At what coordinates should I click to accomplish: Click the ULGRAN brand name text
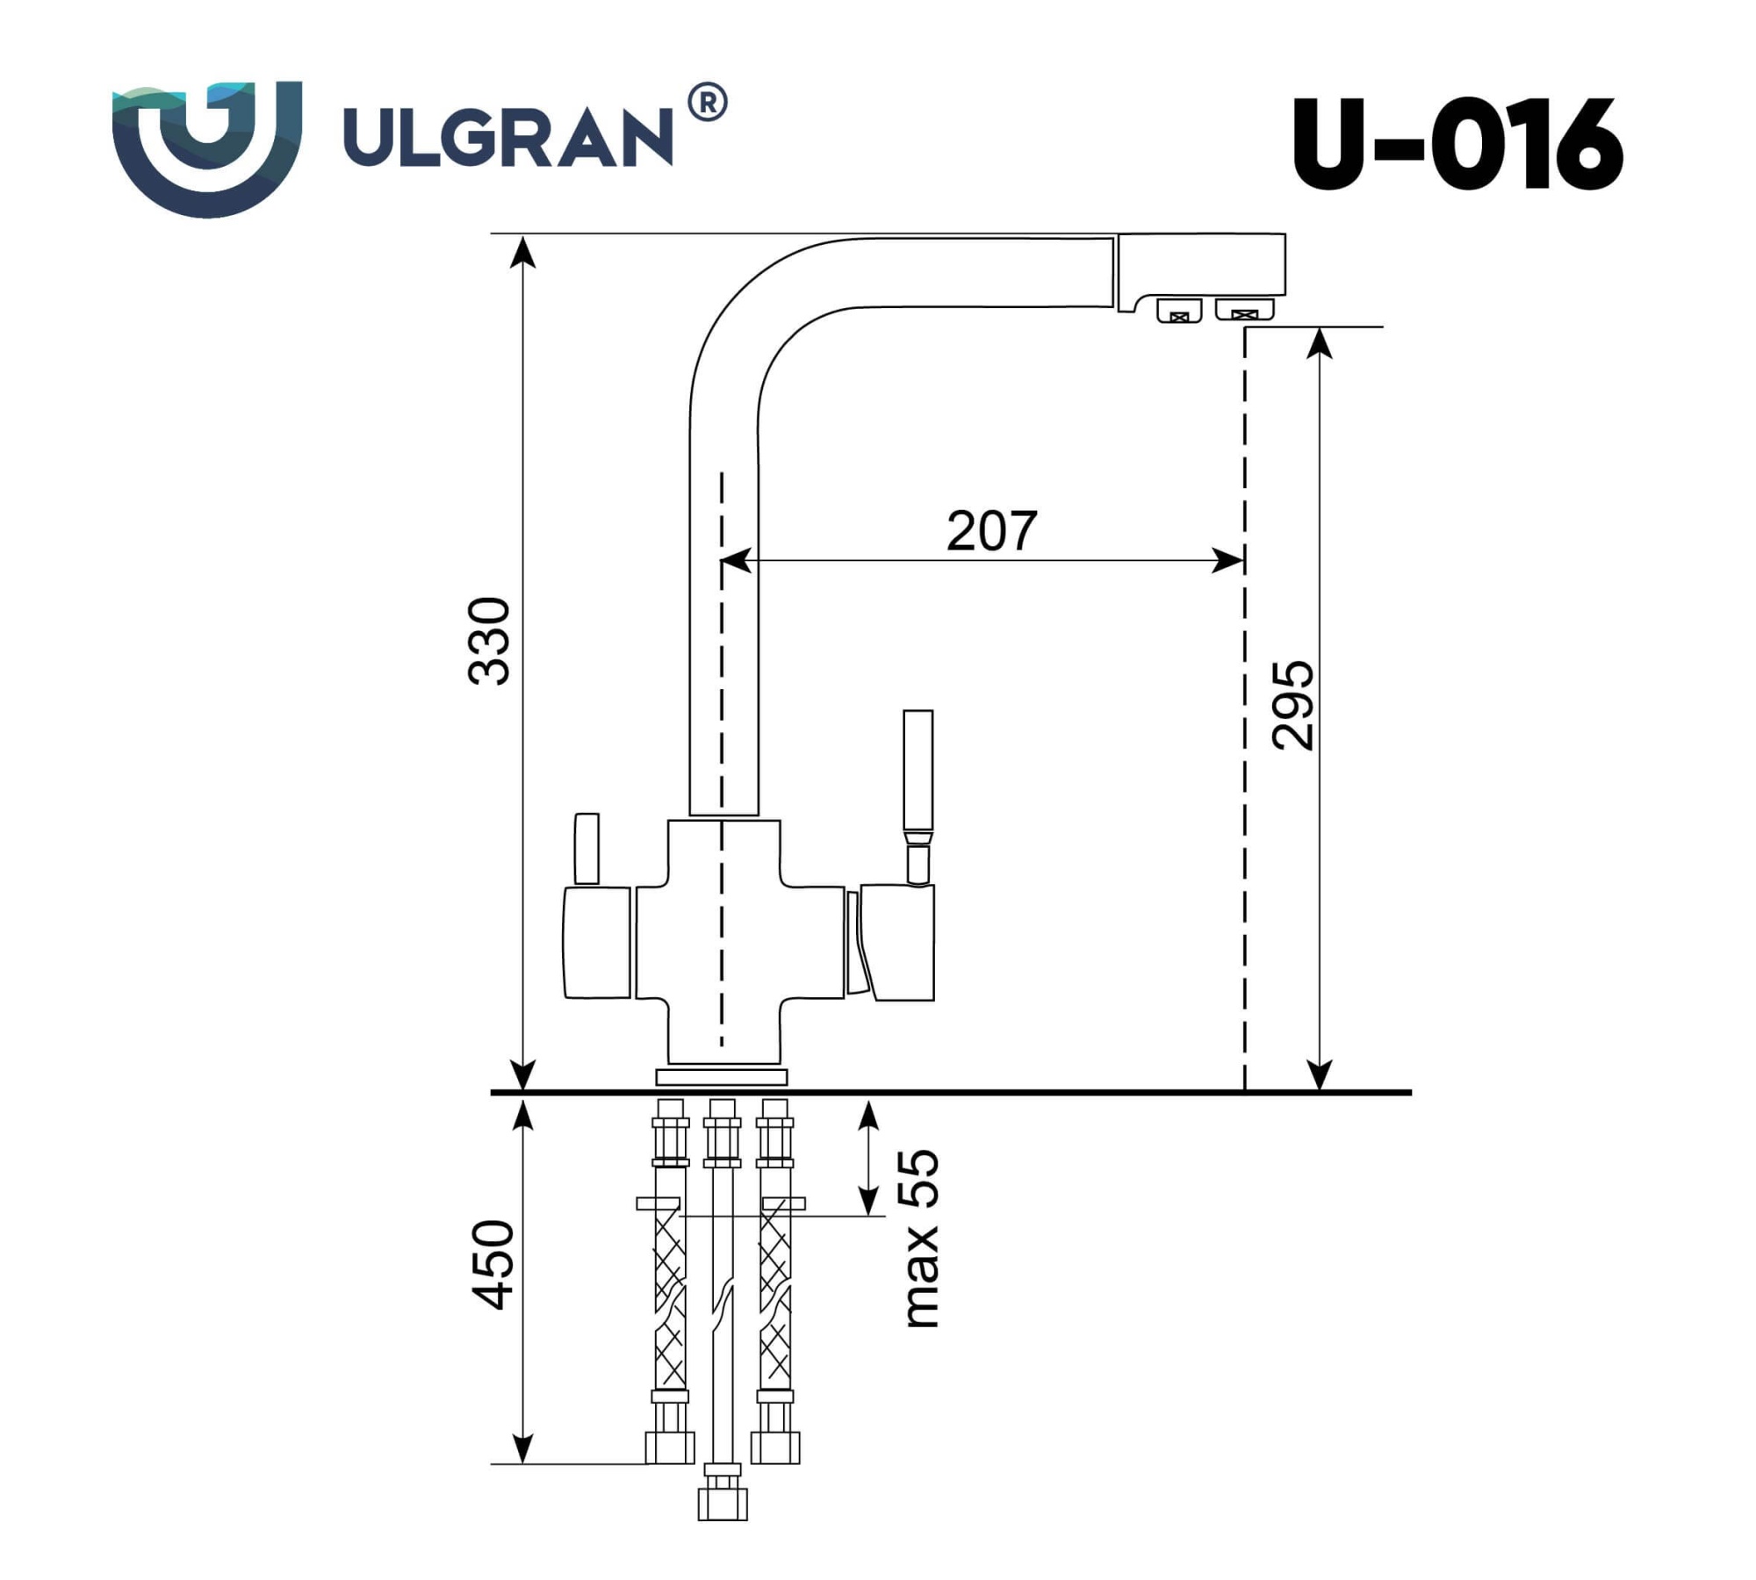tap(507, 137)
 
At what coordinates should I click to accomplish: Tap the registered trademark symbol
tap(707, 103)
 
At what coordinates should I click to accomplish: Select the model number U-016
tap(1457, 144)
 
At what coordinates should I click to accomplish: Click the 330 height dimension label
tap(489, 641)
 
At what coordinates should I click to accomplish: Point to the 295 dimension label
tap(1292, 705)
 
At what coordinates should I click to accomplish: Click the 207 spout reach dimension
tap(991, 531)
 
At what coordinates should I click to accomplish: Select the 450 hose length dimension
tap(493, 1264)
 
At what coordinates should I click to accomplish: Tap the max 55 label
tap(920, 1238)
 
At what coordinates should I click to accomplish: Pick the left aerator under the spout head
tap(1179, 311)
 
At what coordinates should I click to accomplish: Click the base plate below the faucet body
tap(722, 1077)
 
